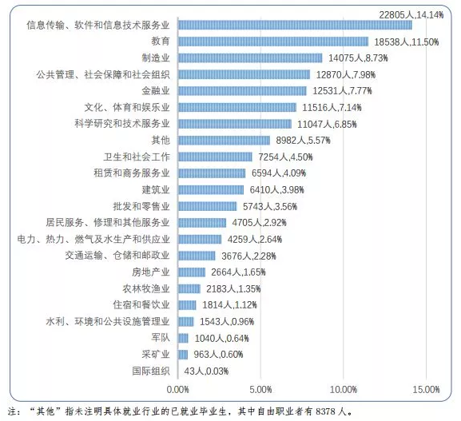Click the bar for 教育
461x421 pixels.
[x=273, y=42]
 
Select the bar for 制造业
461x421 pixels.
[x=250, y=58]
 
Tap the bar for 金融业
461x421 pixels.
[x=242, y=91]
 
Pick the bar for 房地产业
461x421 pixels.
[x=192, y=272]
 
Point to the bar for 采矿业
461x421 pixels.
[x=183, y=355]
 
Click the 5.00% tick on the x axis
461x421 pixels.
[x=260, y=390]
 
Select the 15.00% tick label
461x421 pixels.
[x=427, y=390]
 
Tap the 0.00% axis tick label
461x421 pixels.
[x=178, y=390]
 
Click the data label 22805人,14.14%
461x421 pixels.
[x=411, y=14]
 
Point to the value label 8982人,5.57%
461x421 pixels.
[x=303, y=141]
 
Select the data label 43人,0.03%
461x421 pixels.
[x=206, y=371]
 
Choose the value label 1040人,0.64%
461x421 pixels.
[x=221, y=338]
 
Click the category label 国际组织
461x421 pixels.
[x=151, y=371]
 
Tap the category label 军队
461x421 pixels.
[x=161, y=337]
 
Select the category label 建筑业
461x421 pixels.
[x=156, y=189]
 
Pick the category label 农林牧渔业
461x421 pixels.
[x=146, y=288]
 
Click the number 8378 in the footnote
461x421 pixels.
[x=325, y=411]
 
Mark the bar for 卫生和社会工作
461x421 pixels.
[x=215, y=157]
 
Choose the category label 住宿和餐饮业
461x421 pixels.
[x=141, y=305]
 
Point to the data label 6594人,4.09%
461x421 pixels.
[x=279, y=173]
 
